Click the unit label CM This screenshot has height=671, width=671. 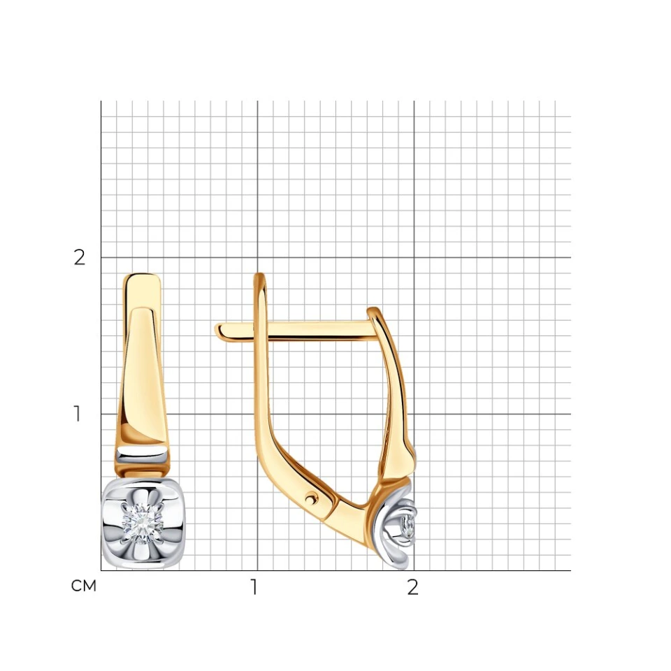[x=83, y=586]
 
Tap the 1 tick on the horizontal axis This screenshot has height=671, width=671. [x=254, y=587]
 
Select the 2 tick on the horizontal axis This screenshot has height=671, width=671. [x=412, y=587]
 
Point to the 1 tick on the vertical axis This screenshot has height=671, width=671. [x=77, y=414]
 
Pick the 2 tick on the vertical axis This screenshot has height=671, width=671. [x=79, y=257]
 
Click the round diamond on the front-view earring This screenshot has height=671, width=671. [x=142, y=524]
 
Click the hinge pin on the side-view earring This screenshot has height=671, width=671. [x=312, y=498]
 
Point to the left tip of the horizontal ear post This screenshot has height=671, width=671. [x=216, y=329]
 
